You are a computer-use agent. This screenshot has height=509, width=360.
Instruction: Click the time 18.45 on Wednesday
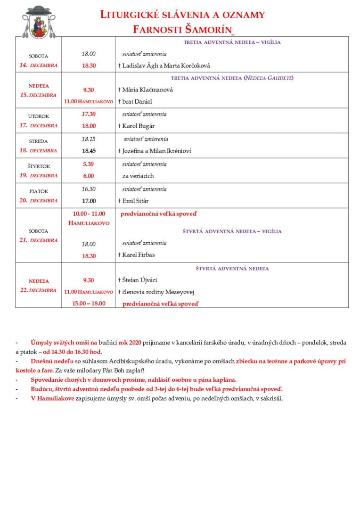pyautogui.click(x=89, y=151)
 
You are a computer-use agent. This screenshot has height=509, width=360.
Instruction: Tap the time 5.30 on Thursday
pyautogui.click(x=89, y=164)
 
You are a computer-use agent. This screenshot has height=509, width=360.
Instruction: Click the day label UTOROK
pyautogui.click(x=39, y=116)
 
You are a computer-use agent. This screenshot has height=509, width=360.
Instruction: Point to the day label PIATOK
pyautogui.click(x=39, y=191)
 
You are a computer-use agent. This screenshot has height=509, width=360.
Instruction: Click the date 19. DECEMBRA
pyautogui.click(x=39, y=176)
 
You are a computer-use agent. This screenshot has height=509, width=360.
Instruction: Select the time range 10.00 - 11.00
pyautogui.click(x=89, y=213)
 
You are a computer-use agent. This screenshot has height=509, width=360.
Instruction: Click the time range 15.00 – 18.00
pyautogui.click(x=89, y=304)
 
